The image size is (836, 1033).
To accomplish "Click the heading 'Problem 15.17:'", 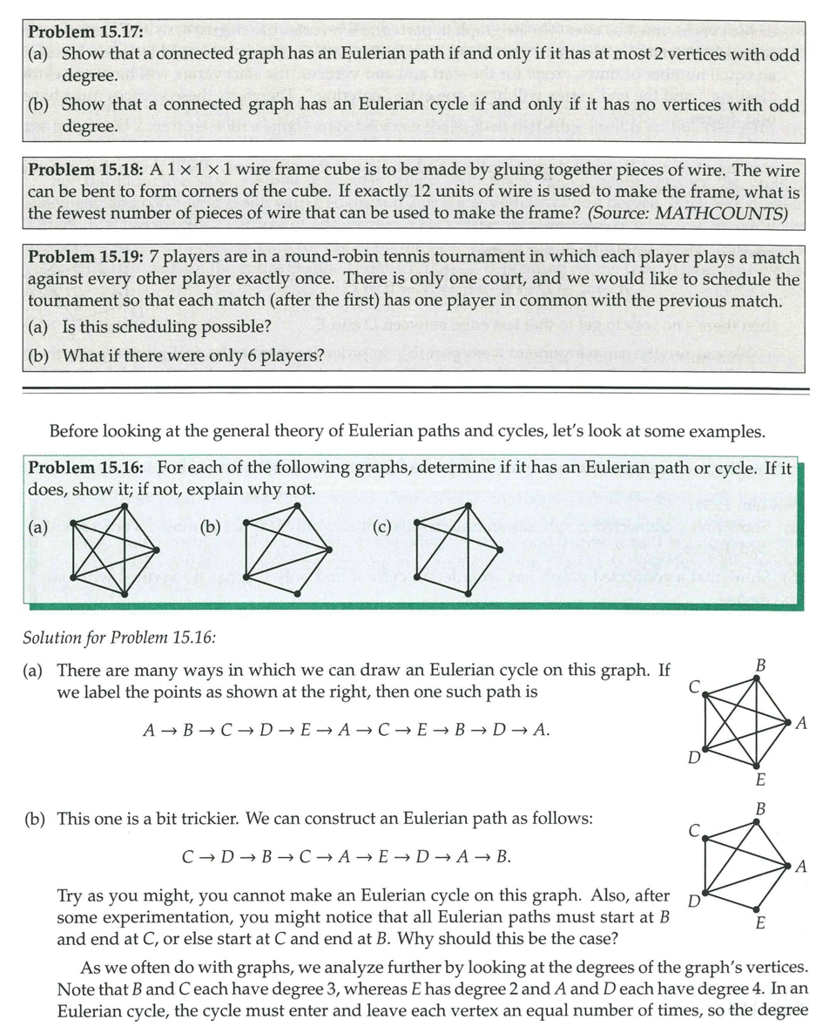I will [85, 32].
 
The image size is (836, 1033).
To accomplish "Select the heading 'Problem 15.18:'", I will [85, 171].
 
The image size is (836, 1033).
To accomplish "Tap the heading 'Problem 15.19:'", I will [85, 257].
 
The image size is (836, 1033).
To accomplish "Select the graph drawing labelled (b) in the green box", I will [287, 553].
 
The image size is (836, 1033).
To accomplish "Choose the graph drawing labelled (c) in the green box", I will [459, 553].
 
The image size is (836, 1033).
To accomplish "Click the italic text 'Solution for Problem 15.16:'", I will [118, 637].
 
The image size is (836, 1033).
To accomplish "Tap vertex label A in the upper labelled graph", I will [802, 722].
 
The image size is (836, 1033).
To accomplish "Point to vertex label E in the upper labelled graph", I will [760, 779].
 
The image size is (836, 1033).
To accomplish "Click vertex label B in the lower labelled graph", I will [760, 809].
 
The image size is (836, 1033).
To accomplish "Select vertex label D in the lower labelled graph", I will [693, 901].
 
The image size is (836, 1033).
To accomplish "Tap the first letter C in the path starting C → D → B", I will [188, 857].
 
